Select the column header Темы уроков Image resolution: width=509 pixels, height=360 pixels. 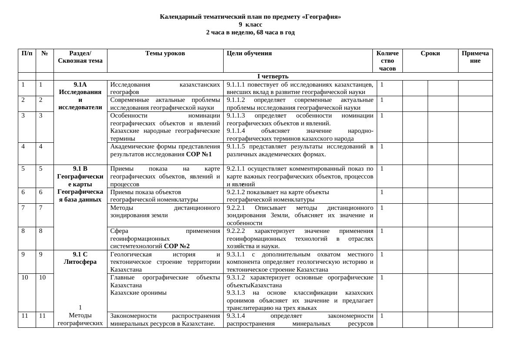[x=165, y=53]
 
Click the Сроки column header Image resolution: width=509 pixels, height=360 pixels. [x=430, y=53]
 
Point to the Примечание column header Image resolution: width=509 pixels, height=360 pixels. [x=475, y=57]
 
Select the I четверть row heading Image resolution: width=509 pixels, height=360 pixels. [x=273, y=76]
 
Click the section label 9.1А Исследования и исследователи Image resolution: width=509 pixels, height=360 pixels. [x=80, y=96]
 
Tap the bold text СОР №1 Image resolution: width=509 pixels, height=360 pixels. [x=199, y=154]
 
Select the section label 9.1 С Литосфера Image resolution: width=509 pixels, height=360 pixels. [x=80, y=258]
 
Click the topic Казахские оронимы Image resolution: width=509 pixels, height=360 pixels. [x=138, y=293]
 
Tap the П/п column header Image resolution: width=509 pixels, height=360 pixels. [x=27, y=53]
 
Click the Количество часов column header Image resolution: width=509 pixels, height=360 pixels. [x=387, y=61]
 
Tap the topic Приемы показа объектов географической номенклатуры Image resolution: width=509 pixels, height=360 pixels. [x=154, y=195]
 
